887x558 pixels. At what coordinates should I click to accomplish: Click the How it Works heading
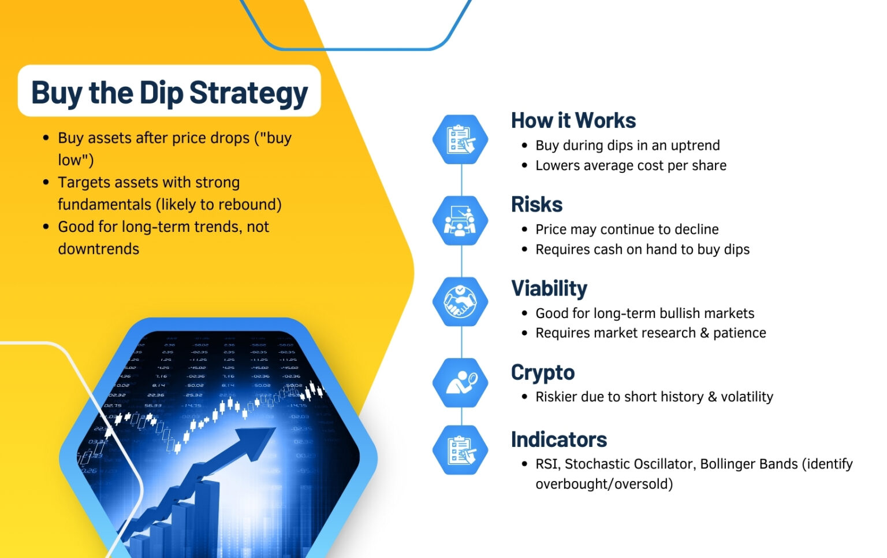tap(573, 120)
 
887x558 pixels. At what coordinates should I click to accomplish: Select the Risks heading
tap(536, 204)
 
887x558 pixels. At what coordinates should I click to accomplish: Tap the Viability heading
tap(549, 288)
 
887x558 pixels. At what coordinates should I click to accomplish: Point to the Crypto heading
tap(542, 372)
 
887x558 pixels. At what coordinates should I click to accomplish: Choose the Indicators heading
tap(558, 439)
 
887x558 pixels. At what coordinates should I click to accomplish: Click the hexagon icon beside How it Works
tap(460, 139)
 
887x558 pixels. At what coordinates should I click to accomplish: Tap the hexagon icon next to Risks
tap(460, 220)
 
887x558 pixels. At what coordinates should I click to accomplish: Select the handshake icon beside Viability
tap(460, 301)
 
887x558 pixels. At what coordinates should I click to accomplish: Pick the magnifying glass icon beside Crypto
tap(460, 382)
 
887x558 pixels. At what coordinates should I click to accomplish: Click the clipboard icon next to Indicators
tap(460, 450)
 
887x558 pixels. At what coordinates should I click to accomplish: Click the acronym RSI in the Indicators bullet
tap(547, 464)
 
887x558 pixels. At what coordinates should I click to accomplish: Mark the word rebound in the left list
tap(252, 205)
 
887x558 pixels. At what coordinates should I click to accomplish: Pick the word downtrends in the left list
tap(98, 249)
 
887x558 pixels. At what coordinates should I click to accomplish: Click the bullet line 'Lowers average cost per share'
tap(631, 165)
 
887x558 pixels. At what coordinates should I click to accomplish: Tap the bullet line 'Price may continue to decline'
tap(627, 230)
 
